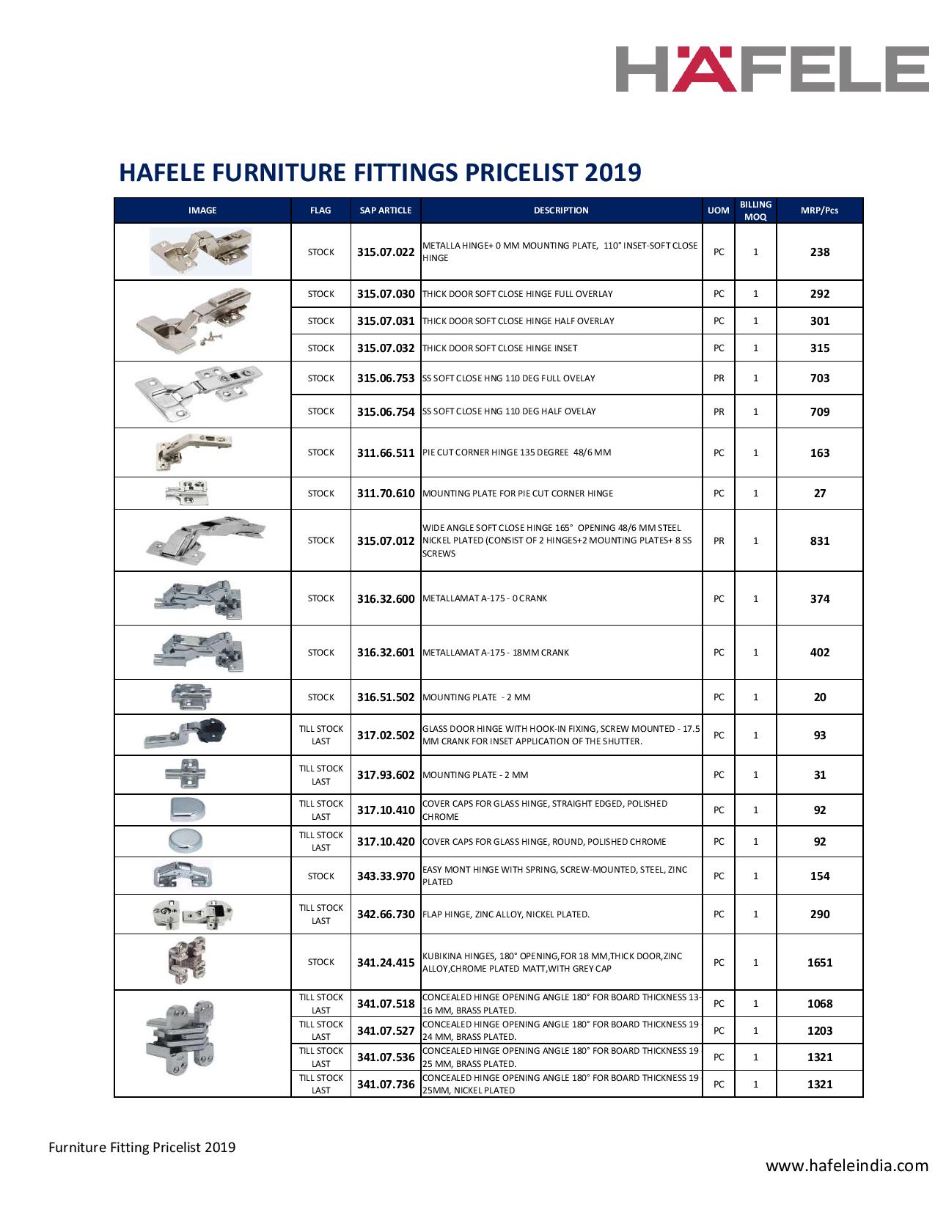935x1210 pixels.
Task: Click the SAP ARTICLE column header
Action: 386,210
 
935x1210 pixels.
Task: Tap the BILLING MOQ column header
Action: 755,210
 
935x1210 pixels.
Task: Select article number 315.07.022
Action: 386,252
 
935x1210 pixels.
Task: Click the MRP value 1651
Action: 819,963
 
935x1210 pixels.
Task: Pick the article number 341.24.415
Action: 386,962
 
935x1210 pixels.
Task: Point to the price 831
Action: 819,541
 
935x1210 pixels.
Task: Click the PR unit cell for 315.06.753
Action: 719,378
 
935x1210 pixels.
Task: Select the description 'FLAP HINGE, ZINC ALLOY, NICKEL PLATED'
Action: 506,914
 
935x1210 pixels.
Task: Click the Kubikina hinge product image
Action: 187,961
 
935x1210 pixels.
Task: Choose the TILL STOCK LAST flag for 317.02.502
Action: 320,735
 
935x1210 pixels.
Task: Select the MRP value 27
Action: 819,494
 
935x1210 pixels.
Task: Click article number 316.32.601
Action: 386,653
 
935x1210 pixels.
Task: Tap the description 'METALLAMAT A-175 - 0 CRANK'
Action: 485,598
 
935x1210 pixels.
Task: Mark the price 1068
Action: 819,1004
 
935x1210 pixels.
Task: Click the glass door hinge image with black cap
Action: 187,734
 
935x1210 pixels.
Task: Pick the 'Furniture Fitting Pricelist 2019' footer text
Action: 142,1147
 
